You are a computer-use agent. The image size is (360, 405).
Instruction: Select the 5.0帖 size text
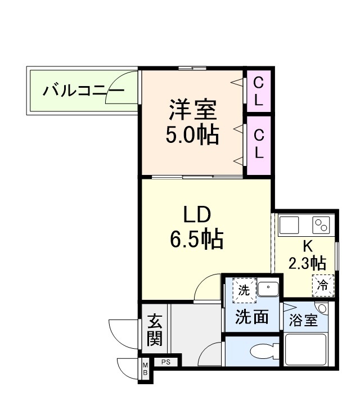[192, 135]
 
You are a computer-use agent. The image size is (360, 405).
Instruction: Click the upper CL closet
[258, 91]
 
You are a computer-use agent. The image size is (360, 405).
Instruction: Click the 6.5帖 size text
[196, 240]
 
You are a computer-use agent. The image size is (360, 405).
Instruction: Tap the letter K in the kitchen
[307, 246]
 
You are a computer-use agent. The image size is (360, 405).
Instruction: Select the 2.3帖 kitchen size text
[307, 263]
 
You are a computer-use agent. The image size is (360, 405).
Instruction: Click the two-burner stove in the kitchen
[321, 226]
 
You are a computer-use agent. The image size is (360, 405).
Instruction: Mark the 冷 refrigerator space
[323, 284]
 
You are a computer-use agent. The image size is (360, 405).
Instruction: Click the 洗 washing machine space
[244, 290]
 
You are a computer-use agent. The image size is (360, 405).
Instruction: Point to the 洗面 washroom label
[251, 317]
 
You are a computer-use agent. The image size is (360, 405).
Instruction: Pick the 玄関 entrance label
[155, 331]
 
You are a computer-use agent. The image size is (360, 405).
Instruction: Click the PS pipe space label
[165, 362]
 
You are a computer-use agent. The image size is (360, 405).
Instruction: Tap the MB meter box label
[145, 369]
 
